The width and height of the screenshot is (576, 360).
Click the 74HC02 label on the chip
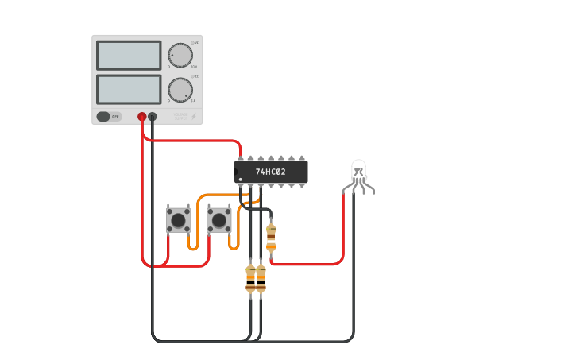point(270,172)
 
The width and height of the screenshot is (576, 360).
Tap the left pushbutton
point(178,219)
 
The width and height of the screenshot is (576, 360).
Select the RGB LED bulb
point(358,168)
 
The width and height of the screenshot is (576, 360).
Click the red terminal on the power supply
point(142,117)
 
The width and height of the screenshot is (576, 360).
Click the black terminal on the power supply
point(153,117)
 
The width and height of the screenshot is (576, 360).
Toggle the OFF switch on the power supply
point(109,117)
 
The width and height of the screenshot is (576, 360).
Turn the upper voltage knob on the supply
point(180,55)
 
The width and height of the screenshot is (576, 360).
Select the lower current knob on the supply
point(180,90)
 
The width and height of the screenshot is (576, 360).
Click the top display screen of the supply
point(129,56)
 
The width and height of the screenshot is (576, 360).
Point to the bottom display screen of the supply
point(129,90)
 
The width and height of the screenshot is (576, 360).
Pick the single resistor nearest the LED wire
point(271,237)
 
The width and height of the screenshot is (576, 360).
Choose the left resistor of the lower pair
point(251,279)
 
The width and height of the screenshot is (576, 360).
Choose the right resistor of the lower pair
point(261,279)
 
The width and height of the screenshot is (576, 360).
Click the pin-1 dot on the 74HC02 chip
point(240,180)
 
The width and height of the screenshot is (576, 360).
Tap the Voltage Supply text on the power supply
point(181,116)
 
